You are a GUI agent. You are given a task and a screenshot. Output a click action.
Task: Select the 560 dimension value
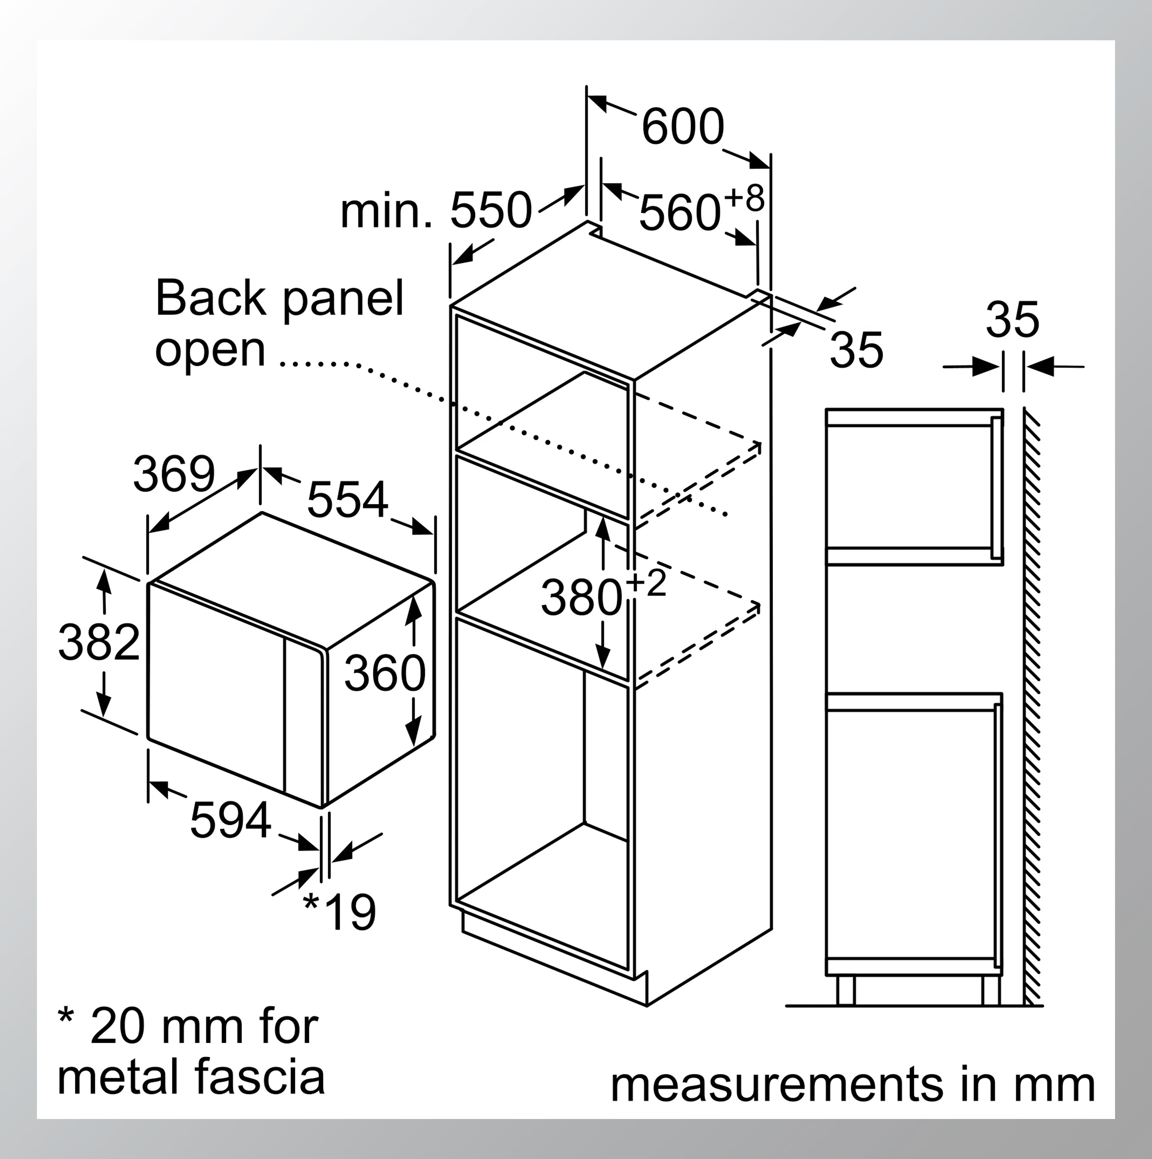point(679,213)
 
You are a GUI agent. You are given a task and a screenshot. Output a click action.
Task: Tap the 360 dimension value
point(384,673)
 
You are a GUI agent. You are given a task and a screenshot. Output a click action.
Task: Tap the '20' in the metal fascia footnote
point(118,1027)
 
